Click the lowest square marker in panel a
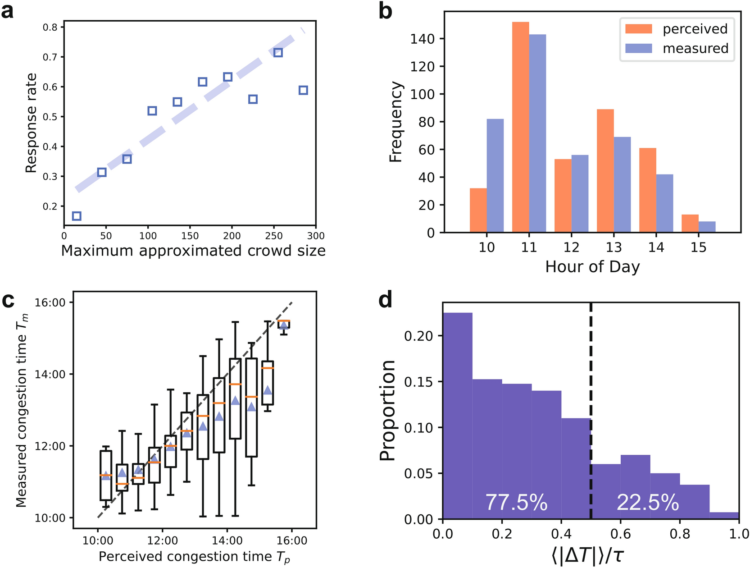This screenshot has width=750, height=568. click(77, 216)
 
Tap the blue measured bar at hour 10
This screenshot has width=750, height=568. click(495, 176)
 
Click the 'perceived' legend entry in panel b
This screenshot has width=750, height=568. click(676, 29)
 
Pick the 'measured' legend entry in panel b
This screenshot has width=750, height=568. click(676, 48)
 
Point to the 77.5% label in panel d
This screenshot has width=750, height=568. click(516, 503)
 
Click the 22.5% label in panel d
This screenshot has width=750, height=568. click(648, 503)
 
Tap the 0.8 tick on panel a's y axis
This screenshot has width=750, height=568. click(50, 27)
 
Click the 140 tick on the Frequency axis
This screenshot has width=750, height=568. click(422, 39)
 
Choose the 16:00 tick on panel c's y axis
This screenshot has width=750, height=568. click(50, 302)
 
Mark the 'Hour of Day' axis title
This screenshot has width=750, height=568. click(592, 267)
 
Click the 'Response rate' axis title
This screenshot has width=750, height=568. click(31, 123)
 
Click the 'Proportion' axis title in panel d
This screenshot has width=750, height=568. click(387, 410)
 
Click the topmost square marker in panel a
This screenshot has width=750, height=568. click(278, 53)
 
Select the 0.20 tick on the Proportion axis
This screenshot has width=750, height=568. click(419, 336)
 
